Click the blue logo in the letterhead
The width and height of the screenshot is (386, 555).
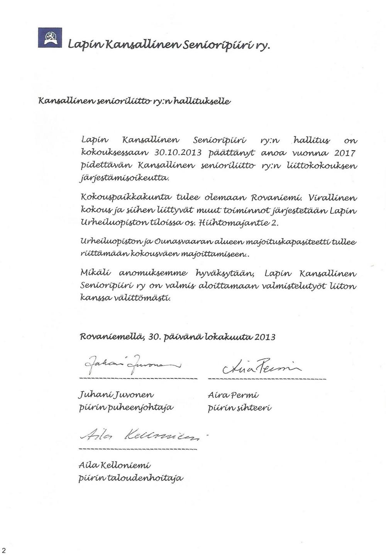coord(50,38)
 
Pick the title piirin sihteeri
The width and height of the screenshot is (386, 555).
coord(240,408)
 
